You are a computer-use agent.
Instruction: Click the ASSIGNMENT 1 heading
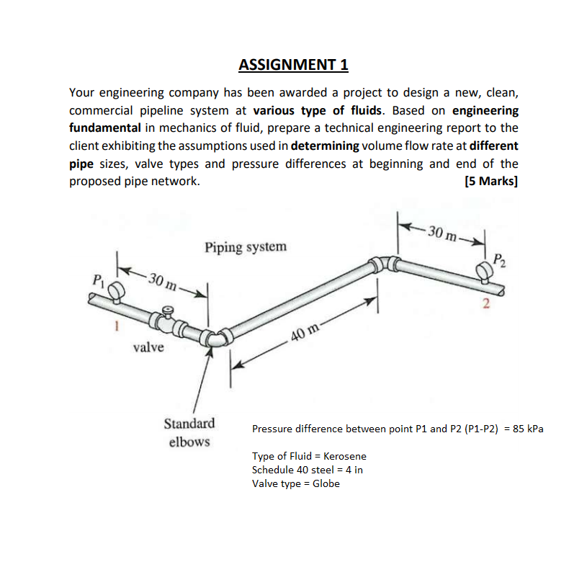coord(293,66)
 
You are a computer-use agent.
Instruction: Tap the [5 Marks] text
coord(491,181)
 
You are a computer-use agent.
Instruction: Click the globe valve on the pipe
coord(167,318)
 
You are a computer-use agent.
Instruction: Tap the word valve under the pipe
coord(148,348)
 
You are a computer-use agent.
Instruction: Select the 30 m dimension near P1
coord(161,280)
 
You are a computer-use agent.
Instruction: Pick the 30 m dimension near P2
coord(442,232)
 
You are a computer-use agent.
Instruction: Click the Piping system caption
coord(245,247)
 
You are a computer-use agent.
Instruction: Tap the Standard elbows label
coord(189,432)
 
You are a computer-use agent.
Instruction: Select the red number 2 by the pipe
coord(485,303)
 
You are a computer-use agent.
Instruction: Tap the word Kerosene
coord(345,456)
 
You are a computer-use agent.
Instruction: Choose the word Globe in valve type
coord(326,483)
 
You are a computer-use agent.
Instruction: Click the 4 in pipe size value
coord(355,470)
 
